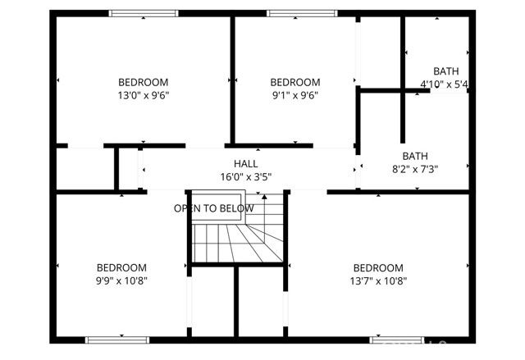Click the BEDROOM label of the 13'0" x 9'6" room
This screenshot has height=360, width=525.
coord(144,82)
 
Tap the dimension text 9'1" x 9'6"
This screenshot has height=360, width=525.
coord(294,95)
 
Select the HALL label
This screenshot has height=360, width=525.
coord(245,163)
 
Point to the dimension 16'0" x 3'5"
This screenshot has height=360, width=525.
coord(245,176)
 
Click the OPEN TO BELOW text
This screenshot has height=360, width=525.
coord(213,208)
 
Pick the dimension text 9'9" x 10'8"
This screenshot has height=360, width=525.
coord(121,280)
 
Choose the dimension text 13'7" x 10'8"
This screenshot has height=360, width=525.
coord(378,280)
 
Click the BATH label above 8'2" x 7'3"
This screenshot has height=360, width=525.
coord(415,156)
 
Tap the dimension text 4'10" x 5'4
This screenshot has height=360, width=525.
coord(444,84)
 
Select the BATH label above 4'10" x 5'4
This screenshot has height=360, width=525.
coord(446,71)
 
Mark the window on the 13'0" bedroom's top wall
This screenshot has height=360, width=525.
coord(144,12)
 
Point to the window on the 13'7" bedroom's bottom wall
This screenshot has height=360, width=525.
coord(396,339)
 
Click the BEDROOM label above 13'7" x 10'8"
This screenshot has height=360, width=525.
coord(378,268)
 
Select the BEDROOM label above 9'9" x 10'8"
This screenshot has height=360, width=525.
coord(121,268)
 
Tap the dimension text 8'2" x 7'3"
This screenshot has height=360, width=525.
coord(415,169)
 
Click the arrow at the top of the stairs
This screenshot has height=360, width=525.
coord(263,197)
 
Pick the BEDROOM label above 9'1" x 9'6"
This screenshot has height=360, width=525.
coord(294,82)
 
